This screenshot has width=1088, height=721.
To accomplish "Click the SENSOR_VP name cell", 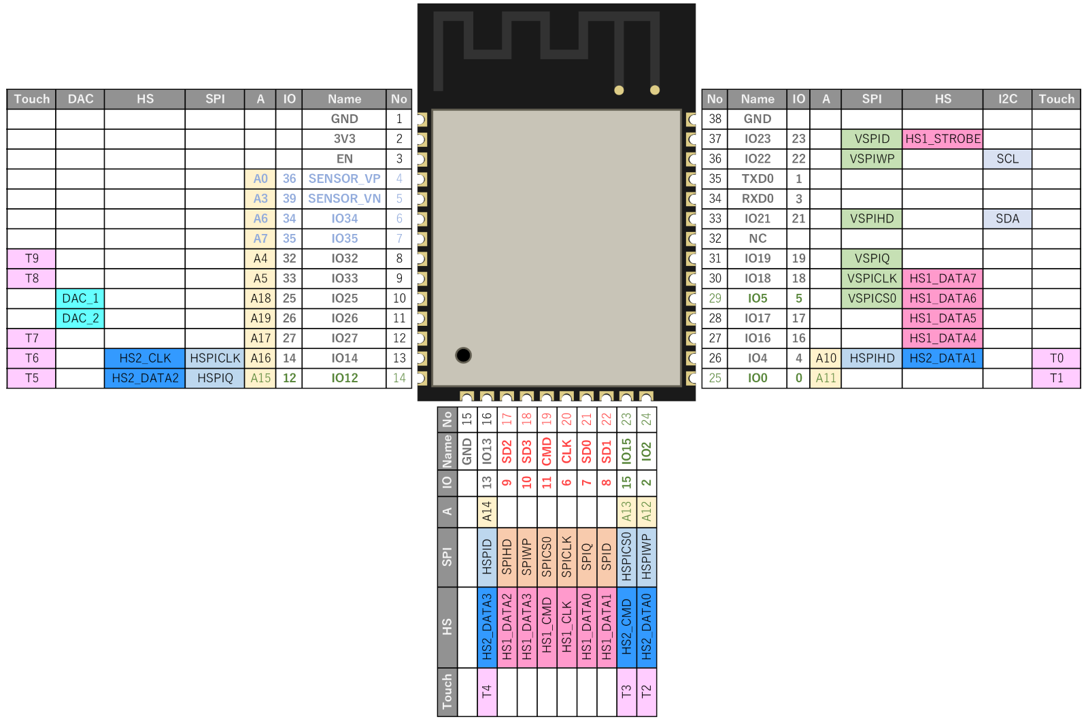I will tap(344, 179).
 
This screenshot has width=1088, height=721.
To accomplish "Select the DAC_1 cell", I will tap(80, 299).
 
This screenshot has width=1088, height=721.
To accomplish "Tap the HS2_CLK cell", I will tap(145, 358).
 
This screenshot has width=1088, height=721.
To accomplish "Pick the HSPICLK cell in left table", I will tap(215, 358).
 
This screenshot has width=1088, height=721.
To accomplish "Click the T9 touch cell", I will tap(32, 258).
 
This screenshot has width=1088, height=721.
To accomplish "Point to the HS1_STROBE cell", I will tap(942, 139).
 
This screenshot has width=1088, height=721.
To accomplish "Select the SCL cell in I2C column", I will tap(1007, 159).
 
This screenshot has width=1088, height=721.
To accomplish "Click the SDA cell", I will tap(1007, 219).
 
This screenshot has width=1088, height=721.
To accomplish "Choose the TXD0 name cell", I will tap(757, 179).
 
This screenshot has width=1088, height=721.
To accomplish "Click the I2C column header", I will tap(1007, 99).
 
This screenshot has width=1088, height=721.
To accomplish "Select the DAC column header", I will tap(80, 99).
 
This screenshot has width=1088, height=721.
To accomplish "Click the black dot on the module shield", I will tap(464, 355).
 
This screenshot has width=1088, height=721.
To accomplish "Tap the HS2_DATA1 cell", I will tap(942, 358).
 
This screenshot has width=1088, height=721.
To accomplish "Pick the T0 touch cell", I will tap(1056, 358).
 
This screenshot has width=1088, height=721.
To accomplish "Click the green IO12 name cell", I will tap(344, 378).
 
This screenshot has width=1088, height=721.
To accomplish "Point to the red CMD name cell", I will tap(547, 452).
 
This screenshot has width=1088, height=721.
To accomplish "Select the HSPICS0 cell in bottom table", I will tap(626, 557).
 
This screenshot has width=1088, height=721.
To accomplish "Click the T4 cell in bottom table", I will tap(487, 692).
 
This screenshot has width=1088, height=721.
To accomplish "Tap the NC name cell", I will tap(757, 239).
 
